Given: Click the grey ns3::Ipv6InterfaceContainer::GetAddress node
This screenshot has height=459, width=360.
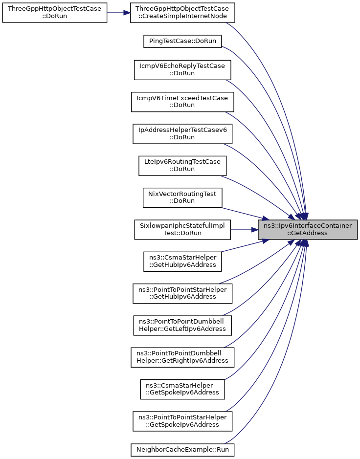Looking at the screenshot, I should pos(308,229).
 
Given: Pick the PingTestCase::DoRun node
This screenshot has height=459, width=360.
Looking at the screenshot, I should pos(182,41).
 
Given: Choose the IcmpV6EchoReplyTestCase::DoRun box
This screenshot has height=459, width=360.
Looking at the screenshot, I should pos(182,69).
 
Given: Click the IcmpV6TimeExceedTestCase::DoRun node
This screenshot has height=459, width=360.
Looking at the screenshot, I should pos(182,102).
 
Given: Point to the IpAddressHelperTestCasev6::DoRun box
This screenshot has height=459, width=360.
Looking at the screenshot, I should pos(182,133).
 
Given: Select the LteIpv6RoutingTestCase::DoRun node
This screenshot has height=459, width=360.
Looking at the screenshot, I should pos(182,165).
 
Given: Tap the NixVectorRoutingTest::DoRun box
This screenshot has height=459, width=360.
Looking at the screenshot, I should pos(182,197).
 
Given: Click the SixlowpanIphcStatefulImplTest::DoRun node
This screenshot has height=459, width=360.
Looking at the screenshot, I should pos(182,229).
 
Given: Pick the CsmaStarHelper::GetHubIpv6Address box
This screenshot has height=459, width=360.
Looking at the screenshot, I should pos(182,261).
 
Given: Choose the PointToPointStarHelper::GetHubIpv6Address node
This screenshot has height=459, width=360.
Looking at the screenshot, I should pos(182,293).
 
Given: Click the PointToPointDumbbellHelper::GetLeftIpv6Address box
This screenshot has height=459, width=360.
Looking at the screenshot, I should pos(182,325).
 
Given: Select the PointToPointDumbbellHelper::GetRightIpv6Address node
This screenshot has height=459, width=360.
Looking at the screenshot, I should pos(182,357).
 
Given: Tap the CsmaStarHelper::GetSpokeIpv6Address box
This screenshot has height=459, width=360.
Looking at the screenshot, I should pos(182,389).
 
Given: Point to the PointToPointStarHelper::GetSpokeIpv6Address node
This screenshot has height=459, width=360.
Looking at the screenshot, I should pos(182,421).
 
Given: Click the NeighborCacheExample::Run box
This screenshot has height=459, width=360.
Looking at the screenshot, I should pos(182,449).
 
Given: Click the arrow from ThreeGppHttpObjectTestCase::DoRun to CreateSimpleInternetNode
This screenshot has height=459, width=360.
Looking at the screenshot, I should pos(118,13).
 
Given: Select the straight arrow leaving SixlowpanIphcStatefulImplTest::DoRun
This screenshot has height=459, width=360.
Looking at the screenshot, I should pos(245,229).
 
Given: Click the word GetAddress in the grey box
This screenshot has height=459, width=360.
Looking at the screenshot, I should pos(308,233).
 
